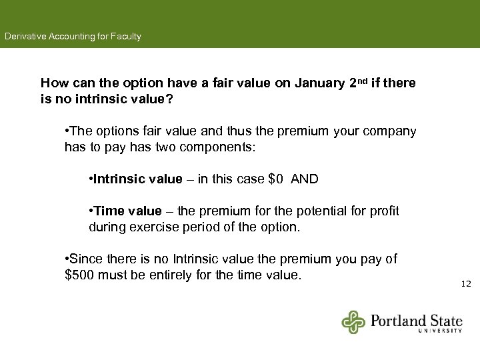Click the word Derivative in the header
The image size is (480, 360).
click(24, 37)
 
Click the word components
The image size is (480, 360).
click(214, 147)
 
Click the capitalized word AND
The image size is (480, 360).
click(305, 179)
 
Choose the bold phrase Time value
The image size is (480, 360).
click(128, 211)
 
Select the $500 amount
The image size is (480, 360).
click(79, 275)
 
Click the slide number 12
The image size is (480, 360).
click(465, 284)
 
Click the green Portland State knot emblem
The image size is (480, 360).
click(354, 322)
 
